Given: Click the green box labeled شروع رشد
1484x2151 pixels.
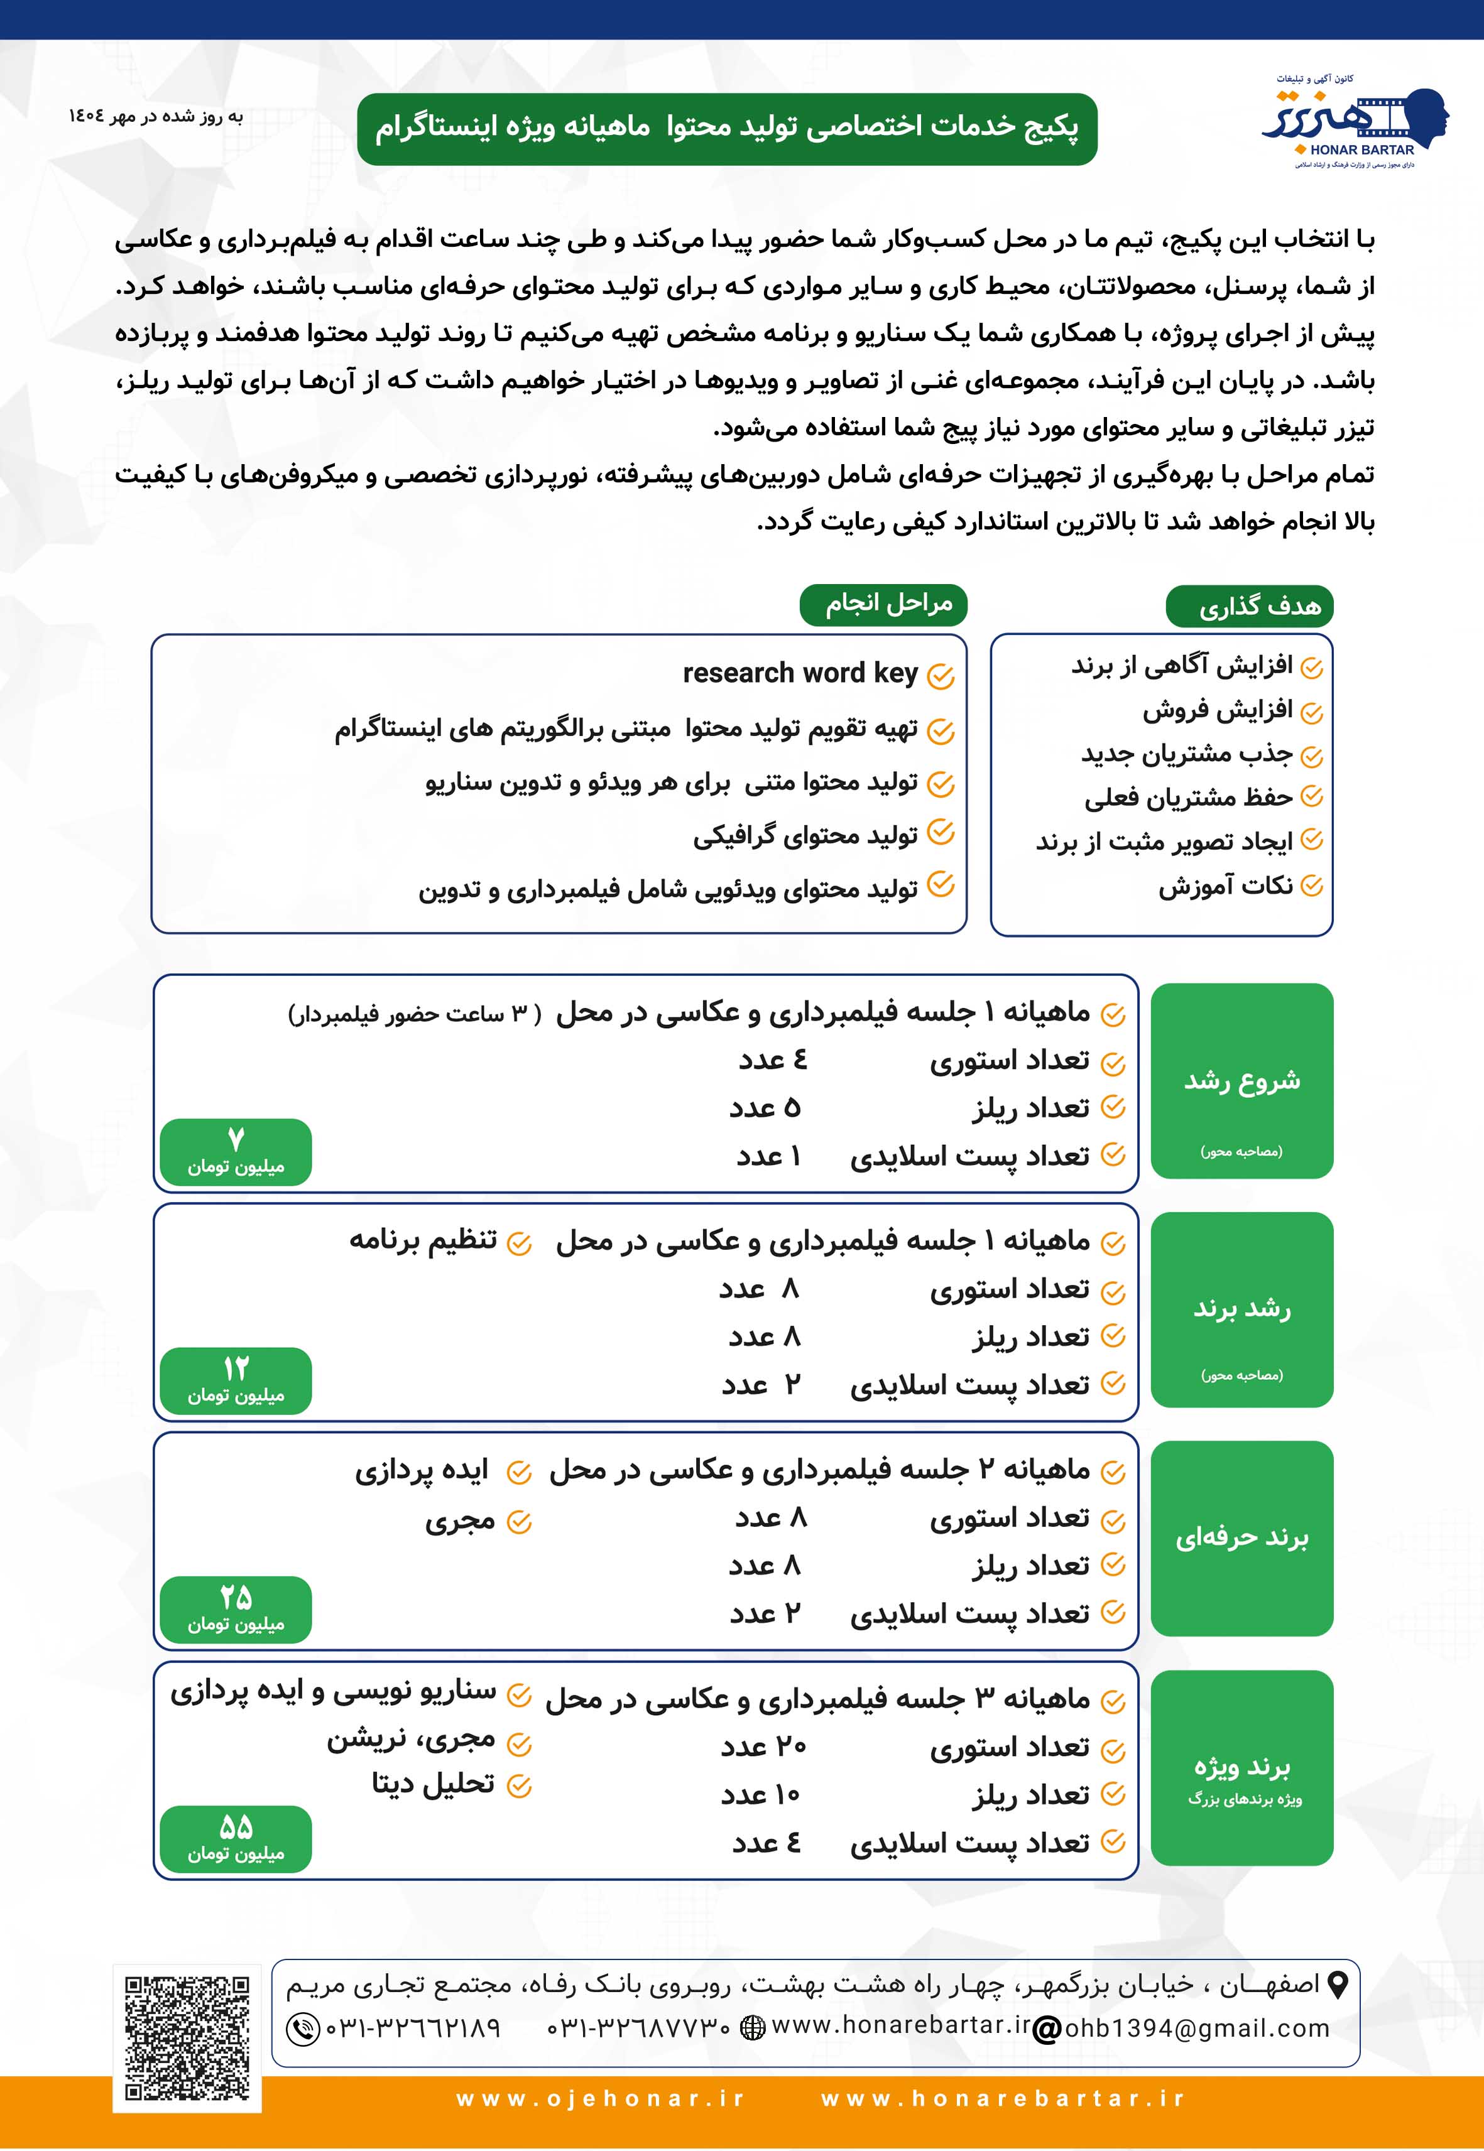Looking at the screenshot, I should pyautogui.click(x=1241, y=1081).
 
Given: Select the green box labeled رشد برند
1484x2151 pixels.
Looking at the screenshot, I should pyautogui.click(x=1241, y=1309).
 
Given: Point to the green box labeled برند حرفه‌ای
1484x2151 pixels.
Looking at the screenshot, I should pyautogui.click(x=1241, y=1539).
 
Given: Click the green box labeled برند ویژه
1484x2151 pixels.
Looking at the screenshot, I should pyautogui.click(x=1241, y=1768).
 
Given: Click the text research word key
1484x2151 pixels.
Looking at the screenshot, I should pyautogui.click(x=800, y=673).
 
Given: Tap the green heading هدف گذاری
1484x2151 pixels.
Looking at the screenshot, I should pyautogui.click(x=1249, y=607).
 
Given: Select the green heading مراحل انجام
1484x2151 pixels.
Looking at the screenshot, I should pyautogui.click(x=882, y=604).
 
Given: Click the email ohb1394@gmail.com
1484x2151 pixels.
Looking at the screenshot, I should pyautogui.click(x=1197, y=2029).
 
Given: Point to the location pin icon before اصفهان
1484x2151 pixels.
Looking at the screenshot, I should pyautogui.click(x=1337, y=1986).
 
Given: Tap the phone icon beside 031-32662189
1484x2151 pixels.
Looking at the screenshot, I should pyautogui.click(x=303, y=2029).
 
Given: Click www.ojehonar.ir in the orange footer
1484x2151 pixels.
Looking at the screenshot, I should pyautogui.click(x=600, y=2099).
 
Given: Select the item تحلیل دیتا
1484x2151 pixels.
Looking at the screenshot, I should pyautogui.click(x=434, y=1784).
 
